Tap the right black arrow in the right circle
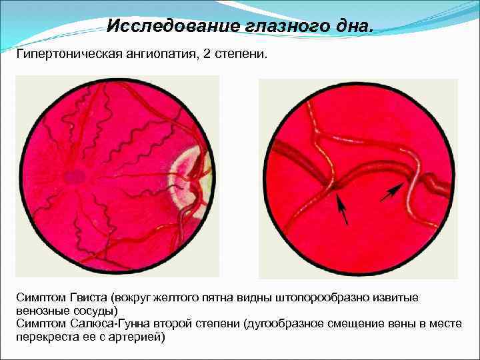(x=393, y=193)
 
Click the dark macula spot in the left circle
(x=74, y=176)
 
